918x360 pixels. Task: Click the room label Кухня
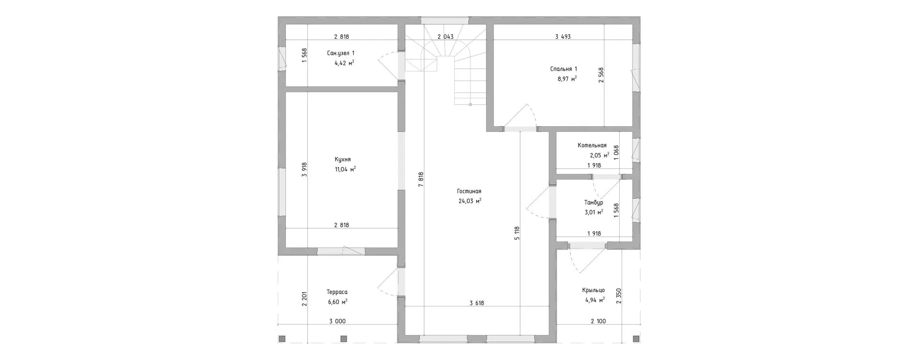[343, 159]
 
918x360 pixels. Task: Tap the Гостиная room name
[469, 191]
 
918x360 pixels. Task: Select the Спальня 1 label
[564, 69]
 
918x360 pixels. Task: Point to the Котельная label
[592, 145]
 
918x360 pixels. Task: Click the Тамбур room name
[593, 203]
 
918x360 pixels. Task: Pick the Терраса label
[337, 292]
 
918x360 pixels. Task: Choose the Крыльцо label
[593, 290]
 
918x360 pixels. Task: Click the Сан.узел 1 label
[341, 53]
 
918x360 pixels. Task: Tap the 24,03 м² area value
[470, 201]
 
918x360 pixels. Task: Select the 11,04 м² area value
[345, 169]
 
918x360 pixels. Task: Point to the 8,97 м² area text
[567, 79]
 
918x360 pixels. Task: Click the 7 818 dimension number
[421, 180]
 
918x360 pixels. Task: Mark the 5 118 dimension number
[517, 234]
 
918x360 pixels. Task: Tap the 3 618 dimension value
[477, 303]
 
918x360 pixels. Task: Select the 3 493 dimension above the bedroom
[563, 36]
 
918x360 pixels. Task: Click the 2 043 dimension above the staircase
[446, 36]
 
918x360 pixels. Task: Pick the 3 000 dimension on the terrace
[337, 321]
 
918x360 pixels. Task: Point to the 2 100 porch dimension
[598, 321]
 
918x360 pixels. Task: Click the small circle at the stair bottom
[470, 104]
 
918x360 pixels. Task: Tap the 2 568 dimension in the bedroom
[601, 75]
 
